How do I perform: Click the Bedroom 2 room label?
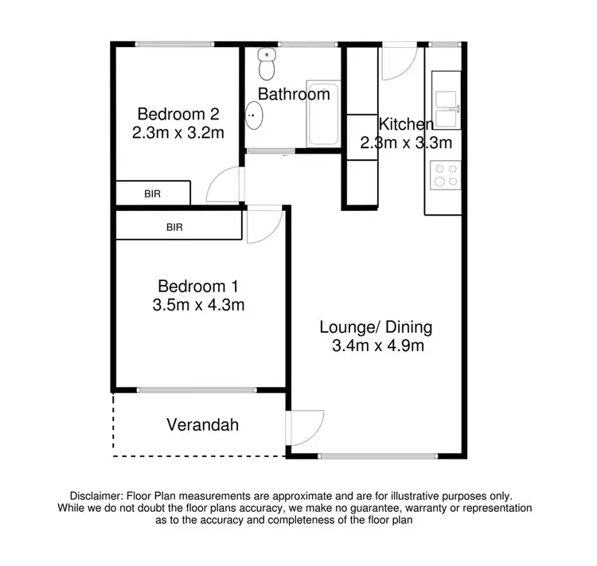[177, 113]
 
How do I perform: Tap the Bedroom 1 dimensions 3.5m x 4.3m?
[198, 304]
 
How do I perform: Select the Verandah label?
[202, 425]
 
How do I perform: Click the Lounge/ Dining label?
[377, 326]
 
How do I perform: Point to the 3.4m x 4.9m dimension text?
[377, 346]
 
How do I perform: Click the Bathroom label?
[293, 95]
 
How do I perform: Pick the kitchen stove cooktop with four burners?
[444, 174]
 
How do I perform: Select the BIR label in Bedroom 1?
[174, 227]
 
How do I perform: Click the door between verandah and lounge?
[306, 428]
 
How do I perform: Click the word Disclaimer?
[101, 495]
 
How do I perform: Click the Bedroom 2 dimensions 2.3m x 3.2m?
[177, 132]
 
